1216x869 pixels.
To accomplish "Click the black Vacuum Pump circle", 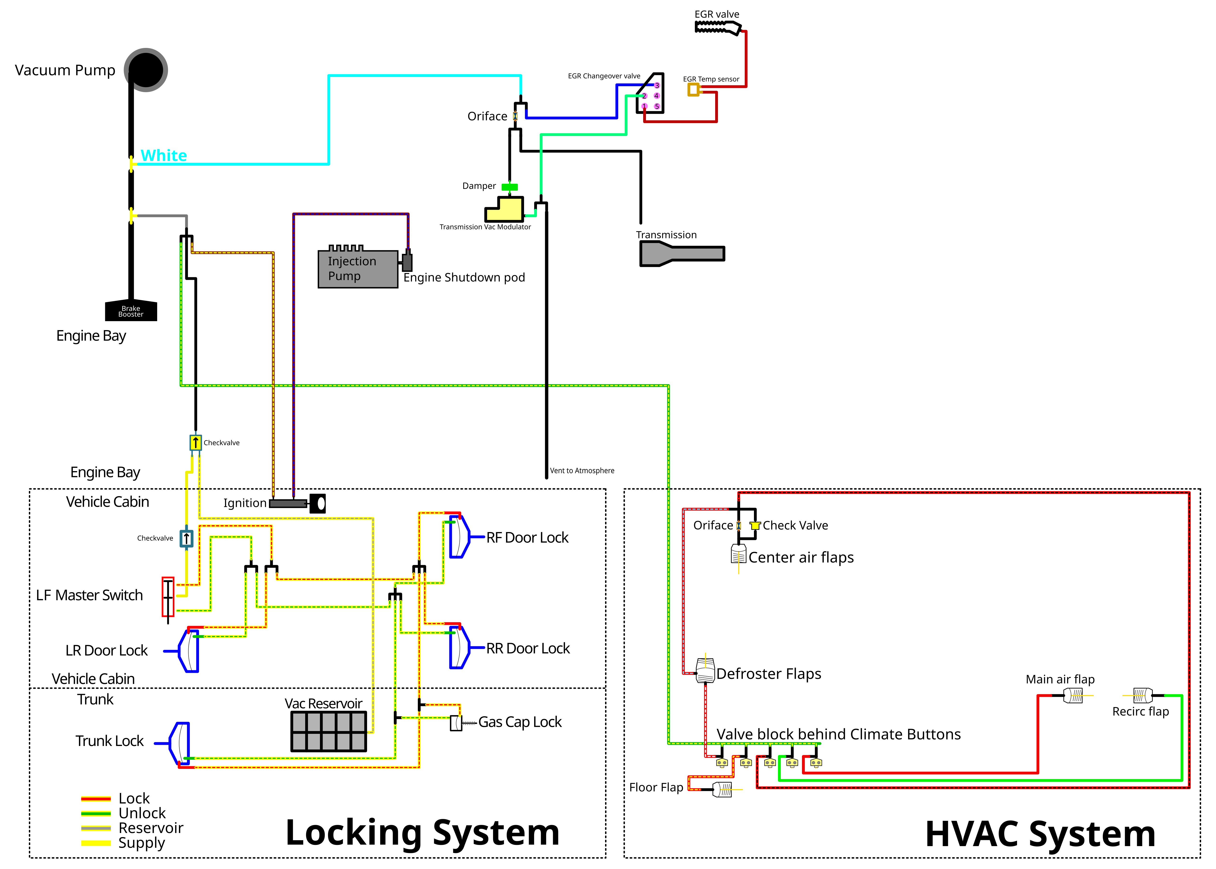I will (x=146, y=70).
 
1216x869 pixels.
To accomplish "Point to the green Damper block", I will (x=510, y=187).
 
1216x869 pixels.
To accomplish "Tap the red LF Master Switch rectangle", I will (x=168, y=597).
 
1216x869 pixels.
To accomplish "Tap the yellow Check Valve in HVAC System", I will (x=755, y=525).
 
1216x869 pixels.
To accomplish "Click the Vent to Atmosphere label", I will (x=582, y=471).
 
